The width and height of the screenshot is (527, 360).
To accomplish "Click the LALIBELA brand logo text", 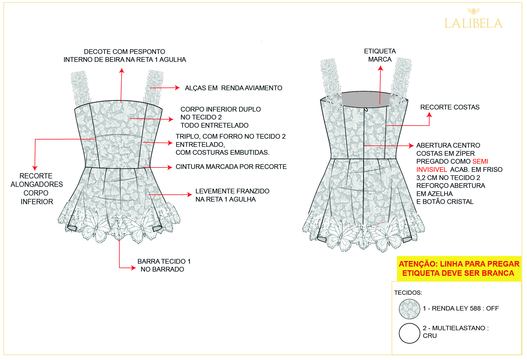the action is point(473,23).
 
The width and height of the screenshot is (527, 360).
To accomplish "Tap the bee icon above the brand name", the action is point(473,11).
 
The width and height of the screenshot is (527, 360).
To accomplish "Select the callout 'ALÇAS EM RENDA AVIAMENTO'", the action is point(234,88).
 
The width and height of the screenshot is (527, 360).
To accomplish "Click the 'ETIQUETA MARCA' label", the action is point(380,55).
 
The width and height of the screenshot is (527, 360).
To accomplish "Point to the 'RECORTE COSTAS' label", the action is point(450,107).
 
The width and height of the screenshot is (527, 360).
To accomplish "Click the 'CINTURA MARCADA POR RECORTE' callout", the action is point(231,167).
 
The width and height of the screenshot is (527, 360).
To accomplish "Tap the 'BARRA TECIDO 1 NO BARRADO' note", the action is point(164,265).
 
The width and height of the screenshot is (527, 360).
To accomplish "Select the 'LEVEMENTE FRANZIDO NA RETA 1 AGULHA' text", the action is point(232,195).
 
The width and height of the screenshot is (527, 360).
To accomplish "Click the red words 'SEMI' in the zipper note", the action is point(480,161).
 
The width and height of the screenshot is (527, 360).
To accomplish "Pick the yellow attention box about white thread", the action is point(459,268).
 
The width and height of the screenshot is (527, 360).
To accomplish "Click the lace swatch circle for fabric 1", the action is point(409,309).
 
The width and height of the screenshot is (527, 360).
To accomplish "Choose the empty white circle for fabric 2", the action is point(409,333).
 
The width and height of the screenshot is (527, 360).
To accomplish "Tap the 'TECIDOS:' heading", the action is point(408,293).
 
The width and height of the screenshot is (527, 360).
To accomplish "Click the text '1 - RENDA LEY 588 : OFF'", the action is point(461,308).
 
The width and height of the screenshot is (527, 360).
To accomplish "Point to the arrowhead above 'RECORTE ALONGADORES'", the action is point(35,168).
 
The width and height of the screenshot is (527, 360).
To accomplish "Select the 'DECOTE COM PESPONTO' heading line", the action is point(124,52).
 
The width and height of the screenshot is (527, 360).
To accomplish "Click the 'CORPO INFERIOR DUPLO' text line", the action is point(221,109).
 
